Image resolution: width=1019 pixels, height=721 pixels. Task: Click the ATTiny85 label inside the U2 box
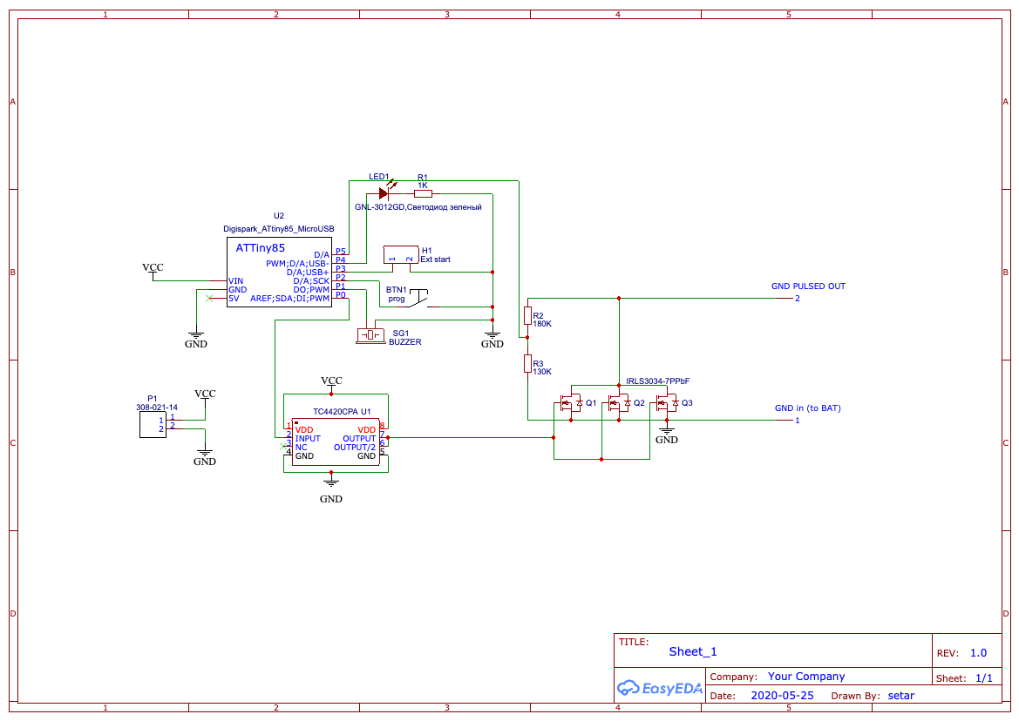coord(260,248)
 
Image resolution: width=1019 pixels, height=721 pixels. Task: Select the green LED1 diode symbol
coord(384,193)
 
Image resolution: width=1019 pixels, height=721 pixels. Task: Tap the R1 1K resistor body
coord(423,193)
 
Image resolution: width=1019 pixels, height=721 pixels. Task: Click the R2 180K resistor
coord(527,315)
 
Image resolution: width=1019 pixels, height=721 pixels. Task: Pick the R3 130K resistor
coord(527,363)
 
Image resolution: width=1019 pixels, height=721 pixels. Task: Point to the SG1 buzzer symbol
coord(370,335)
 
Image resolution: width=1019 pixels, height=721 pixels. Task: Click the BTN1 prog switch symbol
coord(418,298)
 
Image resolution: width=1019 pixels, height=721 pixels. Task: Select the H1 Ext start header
coord(401,255)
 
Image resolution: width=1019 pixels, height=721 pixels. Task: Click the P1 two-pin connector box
coord(152,424)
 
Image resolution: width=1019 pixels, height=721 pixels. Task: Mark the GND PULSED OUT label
coord(808,286)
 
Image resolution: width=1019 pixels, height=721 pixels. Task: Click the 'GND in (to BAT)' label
coord(807,408)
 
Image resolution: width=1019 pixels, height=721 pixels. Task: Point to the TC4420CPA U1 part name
coord(336,412)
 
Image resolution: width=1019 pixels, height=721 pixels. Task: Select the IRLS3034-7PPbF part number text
coord(658,381)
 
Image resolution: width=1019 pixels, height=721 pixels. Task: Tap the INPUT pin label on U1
coord(308,439)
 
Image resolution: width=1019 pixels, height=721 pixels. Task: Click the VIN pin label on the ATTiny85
coord(236,281)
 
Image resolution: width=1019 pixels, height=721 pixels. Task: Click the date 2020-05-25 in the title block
coord(782,696)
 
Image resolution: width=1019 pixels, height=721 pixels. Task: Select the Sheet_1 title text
coord(693,651)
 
